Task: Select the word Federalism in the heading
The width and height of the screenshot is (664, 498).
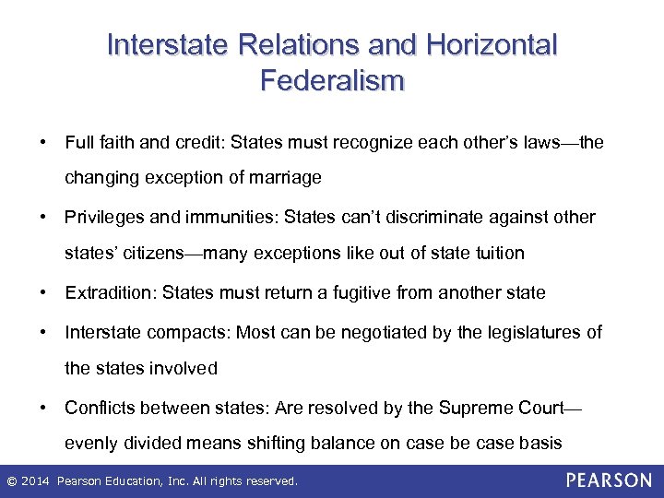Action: pyautogui.click(x=332, y=81)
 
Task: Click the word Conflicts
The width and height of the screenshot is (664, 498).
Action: pyautogui.click(x=99, y=407)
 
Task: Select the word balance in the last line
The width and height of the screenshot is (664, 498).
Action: pyautogui.click(x=338, y=443)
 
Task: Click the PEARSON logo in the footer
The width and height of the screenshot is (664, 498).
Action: pyautogui.click(x=609, y=480)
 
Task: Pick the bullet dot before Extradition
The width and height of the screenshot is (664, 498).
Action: pyautogui.click(x=43, y=293)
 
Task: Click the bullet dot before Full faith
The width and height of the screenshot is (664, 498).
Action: pyautogui.click(x=43, y=143)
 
